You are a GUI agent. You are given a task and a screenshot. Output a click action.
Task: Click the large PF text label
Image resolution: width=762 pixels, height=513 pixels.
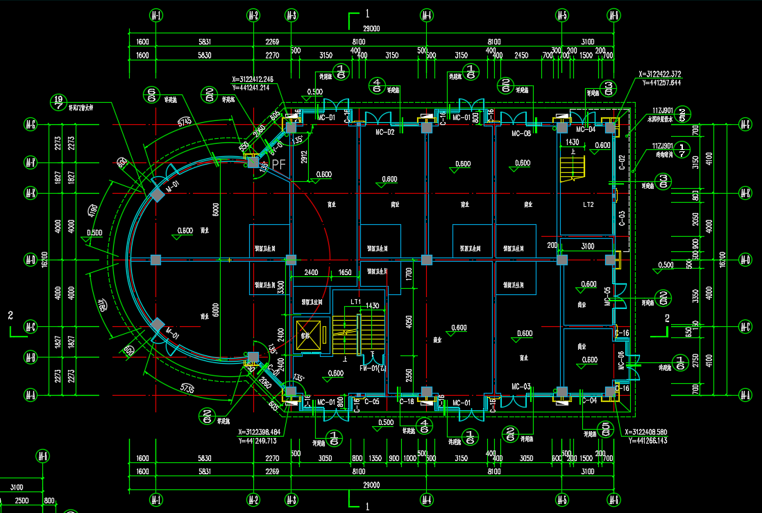pos(279,165)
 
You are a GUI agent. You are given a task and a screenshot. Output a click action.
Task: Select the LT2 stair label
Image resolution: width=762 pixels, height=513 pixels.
pos(588,205)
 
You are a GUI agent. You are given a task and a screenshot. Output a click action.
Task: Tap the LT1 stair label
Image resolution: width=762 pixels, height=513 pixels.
pos(355,301)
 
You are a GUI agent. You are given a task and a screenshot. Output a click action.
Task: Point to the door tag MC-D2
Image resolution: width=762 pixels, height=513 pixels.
pos(385,132)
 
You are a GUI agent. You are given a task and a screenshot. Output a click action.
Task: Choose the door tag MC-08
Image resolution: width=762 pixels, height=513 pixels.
pos(521,133)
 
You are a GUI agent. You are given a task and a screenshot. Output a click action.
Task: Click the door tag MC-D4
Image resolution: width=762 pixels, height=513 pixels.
pos(586,129)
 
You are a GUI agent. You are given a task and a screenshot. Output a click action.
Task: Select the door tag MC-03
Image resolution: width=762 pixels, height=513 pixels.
pos(521,386)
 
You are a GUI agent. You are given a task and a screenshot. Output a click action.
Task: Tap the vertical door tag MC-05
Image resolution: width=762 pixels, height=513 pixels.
pos(609,296)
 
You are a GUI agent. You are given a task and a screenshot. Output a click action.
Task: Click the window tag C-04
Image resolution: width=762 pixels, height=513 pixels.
pos(589,401)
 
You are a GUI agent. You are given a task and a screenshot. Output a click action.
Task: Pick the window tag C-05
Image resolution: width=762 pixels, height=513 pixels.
pos(371,401)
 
